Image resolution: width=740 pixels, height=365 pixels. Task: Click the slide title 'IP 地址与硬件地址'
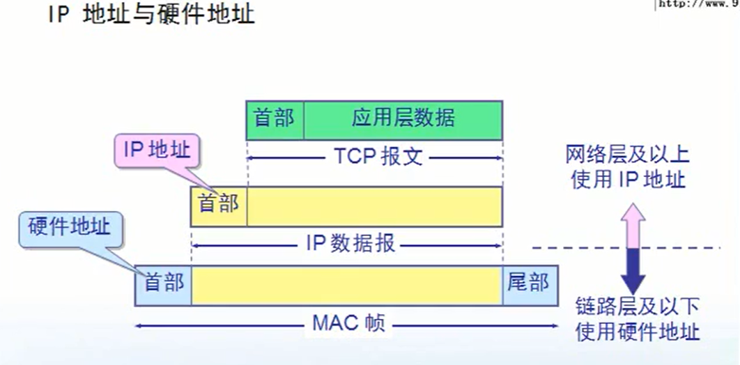click(151, 14)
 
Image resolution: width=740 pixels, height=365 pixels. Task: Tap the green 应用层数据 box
click(403, 120)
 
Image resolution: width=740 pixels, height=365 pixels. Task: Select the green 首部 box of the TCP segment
click(275, 120)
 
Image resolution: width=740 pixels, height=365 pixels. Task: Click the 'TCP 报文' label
click(374, 157)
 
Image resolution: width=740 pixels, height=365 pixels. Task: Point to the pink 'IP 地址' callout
click(156, 150)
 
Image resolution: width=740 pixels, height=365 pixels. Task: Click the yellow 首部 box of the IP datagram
click(219, 205)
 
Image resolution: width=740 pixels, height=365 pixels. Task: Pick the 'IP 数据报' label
click(350, 243)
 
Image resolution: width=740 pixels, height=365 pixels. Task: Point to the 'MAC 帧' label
click(348, 324)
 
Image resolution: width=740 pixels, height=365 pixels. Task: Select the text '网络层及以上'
click(627, 155)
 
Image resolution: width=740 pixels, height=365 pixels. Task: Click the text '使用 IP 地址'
click(627, 180)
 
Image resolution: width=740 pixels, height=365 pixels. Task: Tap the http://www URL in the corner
click(697, 4)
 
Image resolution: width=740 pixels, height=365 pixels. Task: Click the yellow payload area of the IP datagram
click(374, 205)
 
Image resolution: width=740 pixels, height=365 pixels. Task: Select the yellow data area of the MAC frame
click(346, 285)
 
